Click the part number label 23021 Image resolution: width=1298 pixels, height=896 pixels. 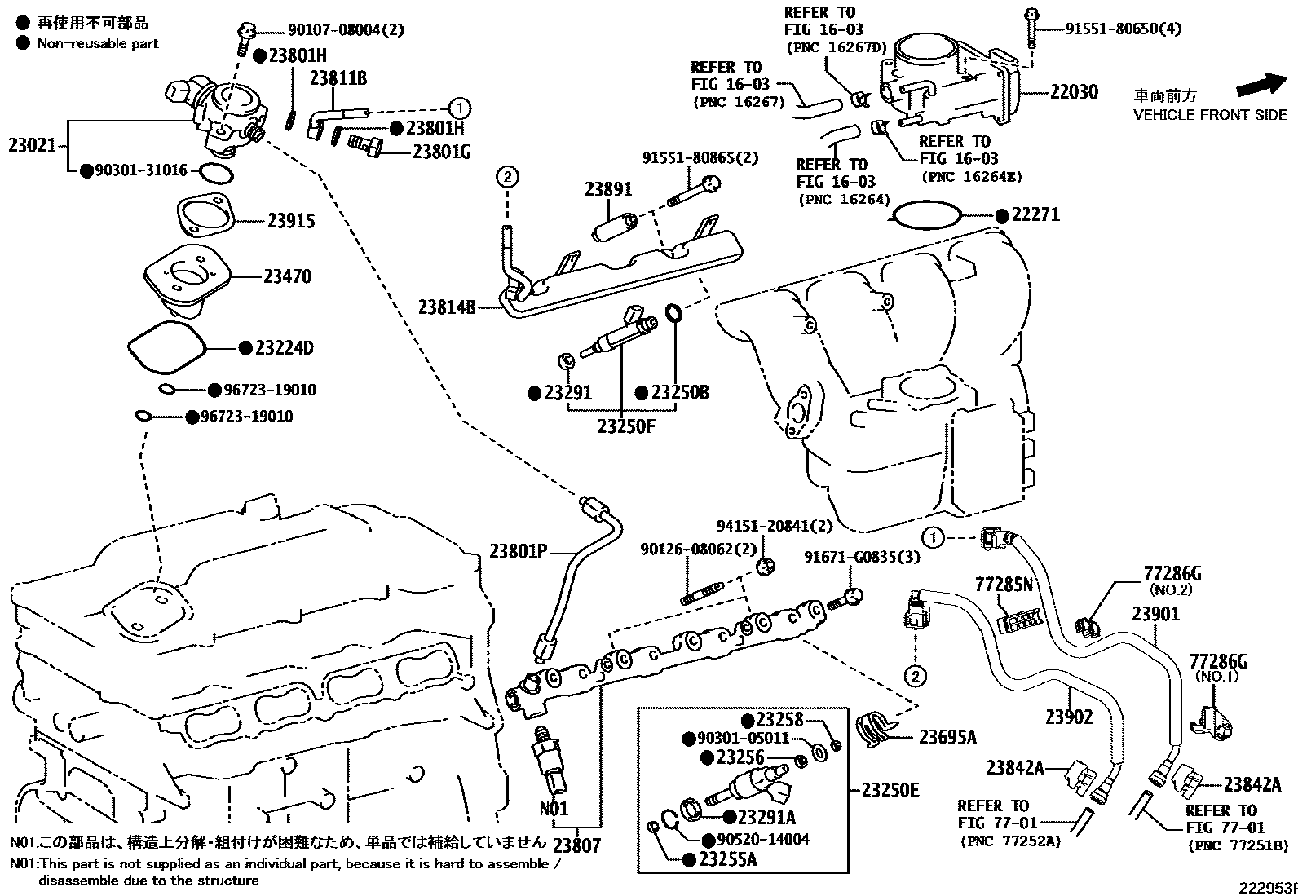(x=33, y=146)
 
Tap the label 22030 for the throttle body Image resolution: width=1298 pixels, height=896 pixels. (x=1074, y=92)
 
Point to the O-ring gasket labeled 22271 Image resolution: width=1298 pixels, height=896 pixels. (x=928, y=215)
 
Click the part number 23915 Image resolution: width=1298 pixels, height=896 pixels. (x=291, y=222)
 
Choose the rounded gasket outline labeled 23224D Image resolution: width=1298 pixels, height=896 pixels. (x=166, y=348)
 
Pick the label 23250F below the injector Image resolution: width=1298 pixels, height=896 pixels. (x=625, y=426)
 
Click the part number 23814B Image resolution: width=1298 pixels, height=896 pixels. (x=447, y=307)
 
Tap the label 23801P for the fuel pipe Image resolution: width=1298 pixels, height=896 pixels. (x=518, y=552)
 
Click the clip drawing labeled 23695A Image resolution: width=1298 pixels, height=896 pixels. (x=877, y=726)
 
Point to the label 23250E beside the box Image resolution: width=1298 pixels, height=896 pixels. (x=890, y=790)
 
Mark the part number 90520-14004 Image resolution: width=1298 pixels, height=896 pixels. (x=764, y=839)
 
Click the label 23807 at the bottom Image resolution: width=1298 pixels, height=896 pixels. (x=576, y=845)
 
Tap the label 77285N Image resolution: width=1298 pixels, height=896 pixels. (x=1004, y=585)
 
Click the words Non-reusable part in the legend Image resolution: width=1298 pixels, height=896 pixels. (x=98, y=43)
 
